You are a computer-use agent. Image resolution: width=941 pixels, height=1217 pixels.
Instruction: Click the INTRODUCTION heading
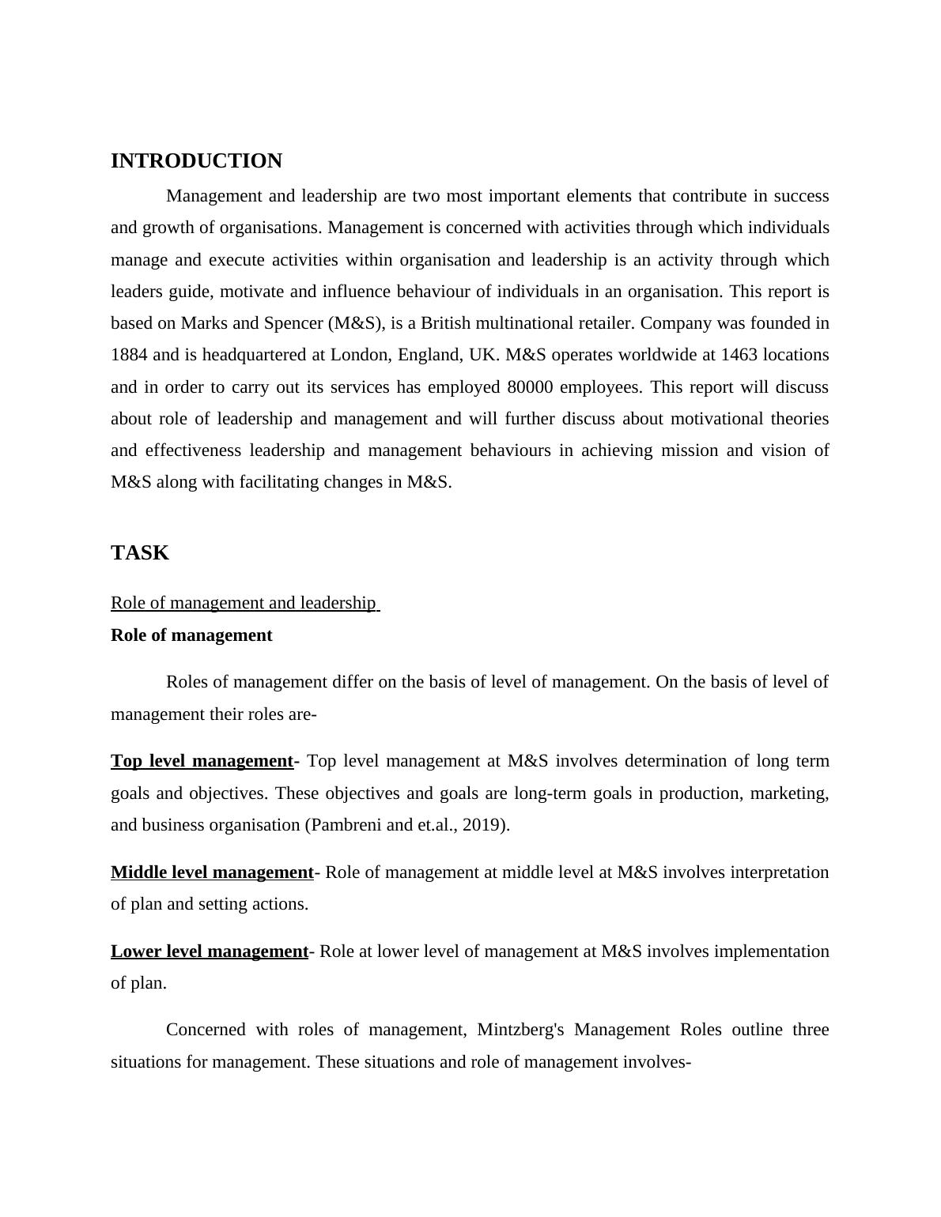click(196, 161)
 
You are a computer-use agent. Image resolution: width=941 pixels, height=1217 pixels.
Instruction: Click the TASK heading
click(140, 553)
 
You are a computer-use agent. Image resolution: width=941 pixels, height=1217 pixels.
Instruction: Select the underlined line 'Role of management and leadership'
click(244, 603)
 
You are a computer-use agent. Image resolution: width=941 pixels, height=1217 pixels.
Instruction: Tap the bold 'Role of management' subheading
click(191, 635)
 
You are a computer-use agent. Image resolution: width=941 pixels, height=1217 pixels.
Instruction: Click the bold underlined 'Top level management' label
click(202, 761)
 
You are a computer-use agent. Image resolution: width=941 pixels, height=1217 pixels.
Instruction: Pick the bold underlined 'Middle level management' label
click(212, 872)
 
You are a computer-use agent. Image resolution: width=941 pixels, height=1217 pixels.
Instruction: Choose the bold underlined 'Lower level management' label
click(209, 951)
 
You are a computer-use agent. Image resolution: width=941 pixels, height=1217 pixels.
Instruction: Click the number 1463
click(739, 355)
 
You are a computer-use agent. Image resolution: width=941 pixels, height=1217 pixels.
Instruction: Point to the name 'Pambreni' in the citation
click(343, 825)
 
